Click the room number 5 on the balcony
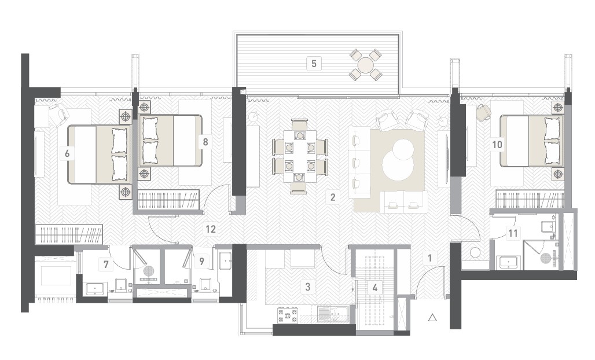click(x=314, y=63)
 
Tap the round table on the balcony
click(x=365, y=64)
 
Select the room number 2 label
click(x=333, y=197)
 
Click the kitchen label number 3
click(x=308, y=286)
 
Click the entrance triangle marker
click(x=432, y=318)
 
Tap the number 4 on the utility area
click(x=375, y=288)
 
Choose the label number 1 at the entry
click(x=430, y=258)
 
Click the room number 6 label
click(x=67, y=153)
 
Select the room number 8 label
click(x=205, y=142)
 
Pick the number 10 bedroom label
click(x=497, y=145)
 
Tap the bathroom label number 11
click(x=513, y=233)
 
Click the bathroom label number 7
click(x=106, y=264)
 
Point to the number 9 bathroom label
click(x=201, y=261)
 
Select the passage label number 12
click(x=211, y=229)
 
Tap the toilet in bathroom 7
click(x=121, y=285)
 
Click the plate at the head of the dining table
click(x=300, y=135)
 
